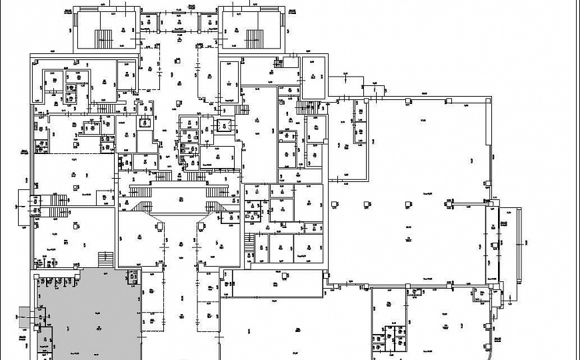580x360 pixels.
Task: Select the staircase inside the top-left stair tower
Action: click(x=105, y=37)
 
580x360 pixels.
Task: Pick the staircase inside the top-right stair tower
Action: click(x=254, y=37)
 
